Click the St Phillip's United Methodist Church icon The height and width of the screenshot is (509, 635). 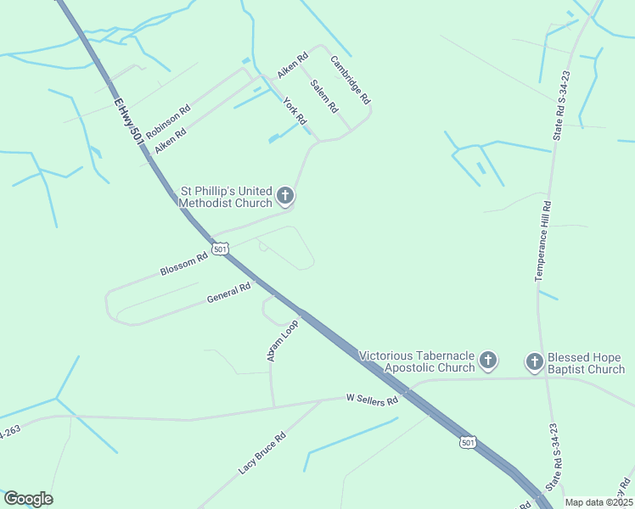click(x=285, y=197)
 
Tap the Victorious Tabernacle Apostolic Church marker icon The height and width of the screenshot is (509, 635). click(x=488, y=361)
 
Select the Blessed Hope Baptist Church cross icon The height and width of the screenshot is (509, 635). click(x=535, y=362)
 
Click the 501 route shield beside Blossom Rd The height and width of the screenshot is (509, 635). click(x=221, y=249)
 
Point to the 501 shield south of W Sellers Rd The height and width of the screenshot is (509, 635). click(x=468, y=443)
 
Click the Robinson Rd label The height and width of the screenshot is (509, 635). click(x=167, y=121)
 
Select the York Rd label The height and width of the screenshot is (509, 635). click(x=294, y=110)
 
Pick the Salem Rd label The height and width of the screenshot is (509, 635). click(x=324, y=96)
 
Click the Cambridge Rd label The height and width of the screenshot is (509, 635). click(x=351, y=80)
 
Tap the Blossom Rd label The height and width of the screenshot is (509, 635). click(x=183, y=264)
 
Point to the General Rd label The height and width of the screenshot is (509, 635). click(x=228, y=294)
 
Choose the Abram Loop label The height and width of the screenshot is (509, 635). click(x=282, y=342)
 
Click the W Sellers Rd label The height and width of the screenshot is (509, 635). click(x=372, y=399)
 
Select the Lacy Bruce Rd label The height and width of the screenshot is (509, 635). click(x=262, y=451)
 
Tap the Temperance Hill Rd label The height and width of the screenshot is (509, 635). click(x=543, y=241)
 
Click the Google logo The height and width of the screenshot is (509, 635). click(x=28, y=499)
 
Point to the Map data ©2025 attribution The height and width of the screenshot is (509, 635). click(x=598, y=502)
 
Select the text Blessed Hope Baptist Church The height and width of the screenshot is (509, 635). click(x=587, y=362)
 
